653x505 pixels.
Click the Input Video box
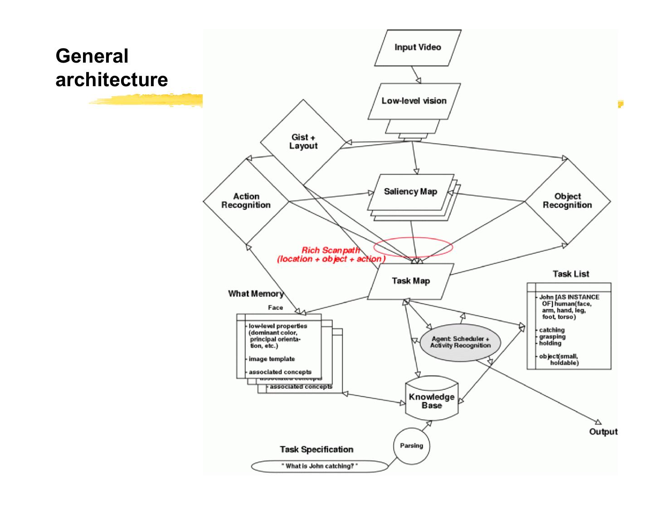pos(418,48)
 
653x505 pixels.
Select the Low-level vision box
pos(414,101)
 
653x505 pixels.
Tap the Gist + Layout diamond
pos(303,142)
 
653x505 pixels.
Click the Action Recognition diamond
pos(246,201)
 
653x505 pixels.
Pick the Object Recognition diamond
pos(567,201)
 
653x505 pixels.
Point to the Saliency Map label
pos(410,191)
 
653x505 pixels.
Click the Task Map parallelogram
pos(410,281)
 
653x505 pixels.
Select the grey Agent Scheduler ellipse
pos(460,342)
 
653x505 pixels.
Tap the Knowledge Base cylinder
pos(431,401)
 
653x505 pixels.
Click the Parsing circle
pos(411,446)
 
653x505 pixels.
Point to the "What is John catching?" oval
pos(320,466)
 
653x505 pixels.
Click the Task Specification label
pos(317,449)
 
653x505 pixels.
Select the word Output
pos(603,431)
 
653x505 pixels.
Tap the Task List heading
pos(571,274)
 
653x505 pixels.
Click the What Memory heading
pos(256,294)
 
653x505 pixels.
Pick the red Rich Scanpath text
pos(331,250)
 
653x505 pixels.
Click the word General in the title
pos(92,56)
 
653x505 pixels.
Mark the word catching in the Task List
pos(552,330)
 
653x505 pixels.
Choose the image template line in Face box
pos(272,359)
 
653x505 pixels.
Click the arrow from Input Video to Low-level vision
pos(415,74)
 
